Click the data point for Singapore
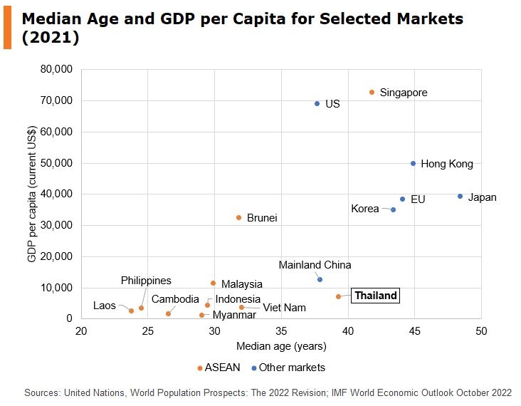[x=372, y=92]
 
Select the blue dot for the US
[x=317, y=103]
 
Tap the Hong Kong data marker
[x=413, y=163]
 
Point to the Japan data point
[x=460, y=197]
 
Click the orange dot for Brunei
[x=238, y=217]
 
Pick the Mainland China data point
[x=320, y=279]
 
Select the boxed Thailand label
[x=375, y=296]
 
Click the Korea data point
[x=393, y=209]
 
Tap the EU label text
[x=418, y=199]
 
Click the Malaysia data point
[x=213, y=283]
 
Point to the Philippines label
[x=146, y=281]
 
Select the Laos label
[x=104, y=306]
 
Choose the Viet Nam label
[x=284, y=308]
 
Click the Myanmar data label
[x=234, y=315]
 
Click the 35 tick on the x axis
[x=281, y=331]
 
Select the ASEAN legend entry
[x=220, y=368]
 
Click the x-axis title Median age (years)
[x=281, y=347]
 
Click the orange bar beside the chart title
[x=7, y=26]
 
